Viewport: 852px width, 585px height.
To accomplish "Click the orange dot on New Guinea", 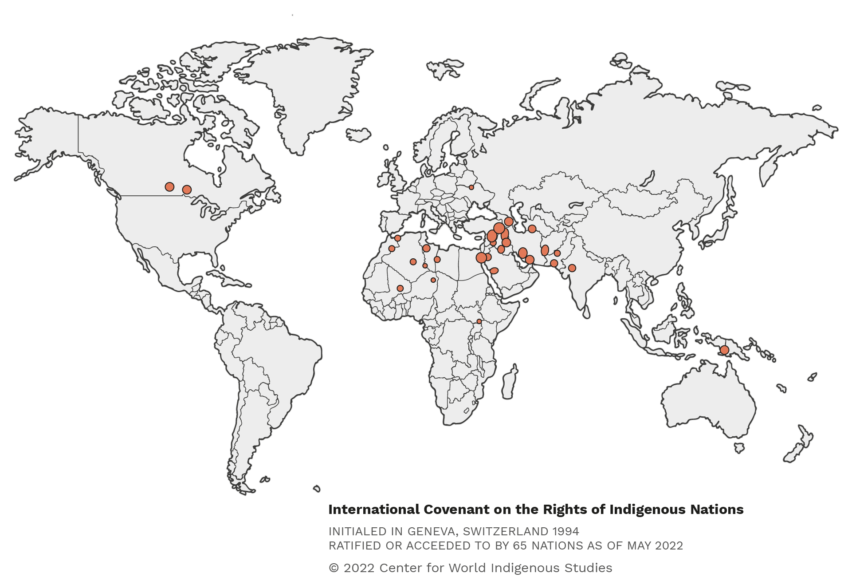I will (x=724, y=350).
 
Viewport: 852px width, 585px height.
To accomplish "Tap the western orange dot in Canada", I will (x=169, y=186).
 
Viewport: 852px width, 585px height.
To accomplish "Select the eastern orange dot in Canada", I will (x=187, y=190).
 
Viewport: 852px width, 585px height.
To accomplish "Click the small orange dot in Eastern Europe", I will (x=471, y=187).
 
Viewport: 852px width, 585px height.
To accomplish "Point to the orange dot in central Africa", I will (x=479, y=321).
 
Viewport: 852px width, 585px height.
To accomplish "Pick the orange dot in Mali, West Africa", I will (x=400, y=289).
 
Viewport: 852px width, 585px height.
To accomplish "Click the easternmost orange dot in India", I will (x=572, y=268).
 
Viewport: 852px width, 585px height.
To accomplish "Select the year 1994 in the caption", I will (x=565, y=531).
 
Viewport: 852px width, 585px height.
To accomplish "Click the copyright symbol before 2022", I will (x=334, y=568).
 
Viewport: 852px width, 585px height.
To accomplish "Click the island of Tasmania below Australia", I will (x=739, y=448).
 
